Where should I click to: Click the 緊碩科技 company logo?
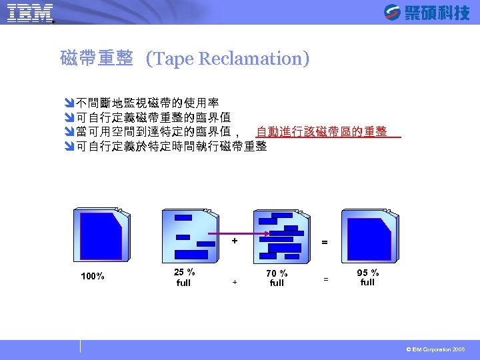tap(427, 12)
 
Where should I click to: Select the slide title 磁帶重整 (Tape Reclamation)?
tap(185, 59)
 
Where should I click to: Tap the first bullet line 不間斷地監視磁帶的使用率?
tap(147, 103)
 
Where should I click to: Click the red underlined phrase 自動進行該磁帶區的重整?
tap(322, 132)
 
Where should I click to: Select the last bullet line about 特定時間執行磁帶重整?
tap(171, 146)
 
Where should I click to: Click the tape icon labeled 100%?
tap(101, 235)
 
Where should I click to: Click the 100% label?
tap(92, 277)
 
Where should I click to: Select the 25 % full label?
tap(184, 277)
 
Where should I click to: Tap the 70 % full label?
tap(277, 278)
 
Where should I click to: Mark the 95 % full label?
tap(367, 277)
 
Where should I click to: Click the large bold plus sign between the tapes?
tap(234, 241)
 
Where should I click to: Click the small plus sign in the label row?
tap(234, 282)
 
